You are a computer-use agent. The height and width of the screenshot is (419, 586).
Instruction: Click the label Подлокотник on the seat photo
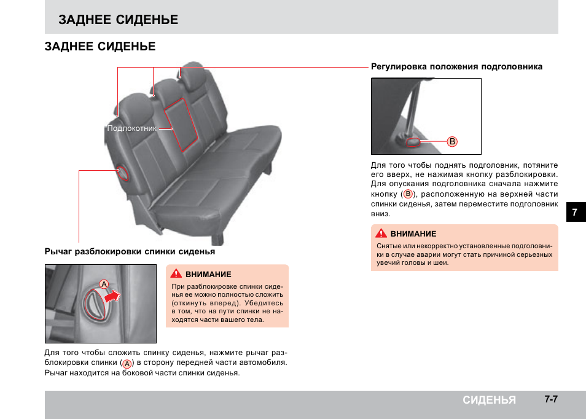(131, 129)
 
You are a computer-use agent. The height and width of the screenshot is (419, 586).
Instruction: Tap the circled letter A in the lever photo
(104, 284)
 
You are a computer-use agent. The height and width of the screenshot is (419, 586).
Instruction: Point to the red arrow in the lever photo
(112, 297)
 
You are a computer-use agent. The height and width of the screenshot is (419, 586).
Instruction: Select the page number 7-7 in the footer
(550, 399)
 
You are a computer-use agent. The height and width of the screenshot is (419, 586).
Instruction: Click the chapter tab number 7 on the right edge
(575, 212)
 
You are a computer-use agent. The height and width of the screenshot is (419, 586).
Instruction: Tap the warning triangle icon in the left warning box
(176, 274)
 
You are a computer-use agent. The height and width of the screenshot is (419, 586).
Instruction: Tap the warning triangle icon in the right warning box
(381, 233)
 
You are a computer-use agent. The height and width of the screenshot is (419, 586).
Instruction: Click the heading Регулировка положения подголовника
(456, 67)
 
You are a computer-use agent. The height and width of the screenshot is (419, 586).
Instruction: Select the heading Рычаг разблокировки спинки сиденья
(130, 252)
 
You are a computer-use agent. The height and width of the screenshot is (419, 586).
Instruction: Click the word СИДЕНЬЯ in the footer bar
(489, 400)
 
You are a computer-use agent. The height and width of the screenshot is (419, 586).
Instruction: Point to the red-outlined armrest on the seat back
(182, 123)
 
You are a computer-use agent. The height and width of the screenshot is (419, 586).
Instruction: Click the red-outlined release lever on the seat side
(122, 173)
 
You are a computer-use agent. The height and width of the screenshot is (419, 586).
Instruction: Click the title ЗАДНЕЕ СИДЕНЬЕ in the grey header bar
(119, 20)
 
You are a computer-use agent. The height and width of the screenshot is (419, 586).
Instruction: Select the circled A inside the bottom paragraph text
(127, 364)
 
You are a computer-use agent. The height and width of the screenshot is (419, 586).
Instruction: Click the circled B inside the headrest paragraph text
(407, 194)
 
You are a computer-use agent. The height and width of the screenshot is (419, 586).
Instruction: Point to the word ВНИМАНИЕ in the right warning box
(413, 234)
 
